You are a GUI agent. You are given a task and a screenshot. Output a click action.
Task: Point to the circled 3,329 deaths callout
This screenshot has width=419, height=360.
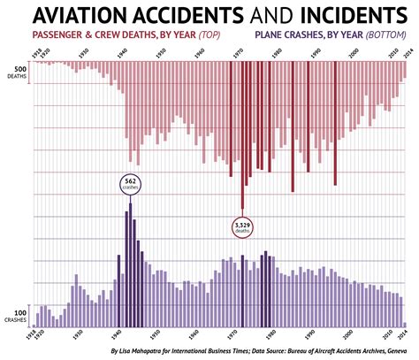click(242, 227)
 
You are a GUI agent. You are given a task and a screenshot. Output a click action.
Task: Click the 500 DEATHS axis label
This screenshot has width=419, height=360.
click(18, 73)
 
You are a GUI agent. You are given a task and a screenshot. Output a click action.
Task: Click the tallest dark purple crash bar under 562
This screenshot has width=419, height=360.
click(130, 265)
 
